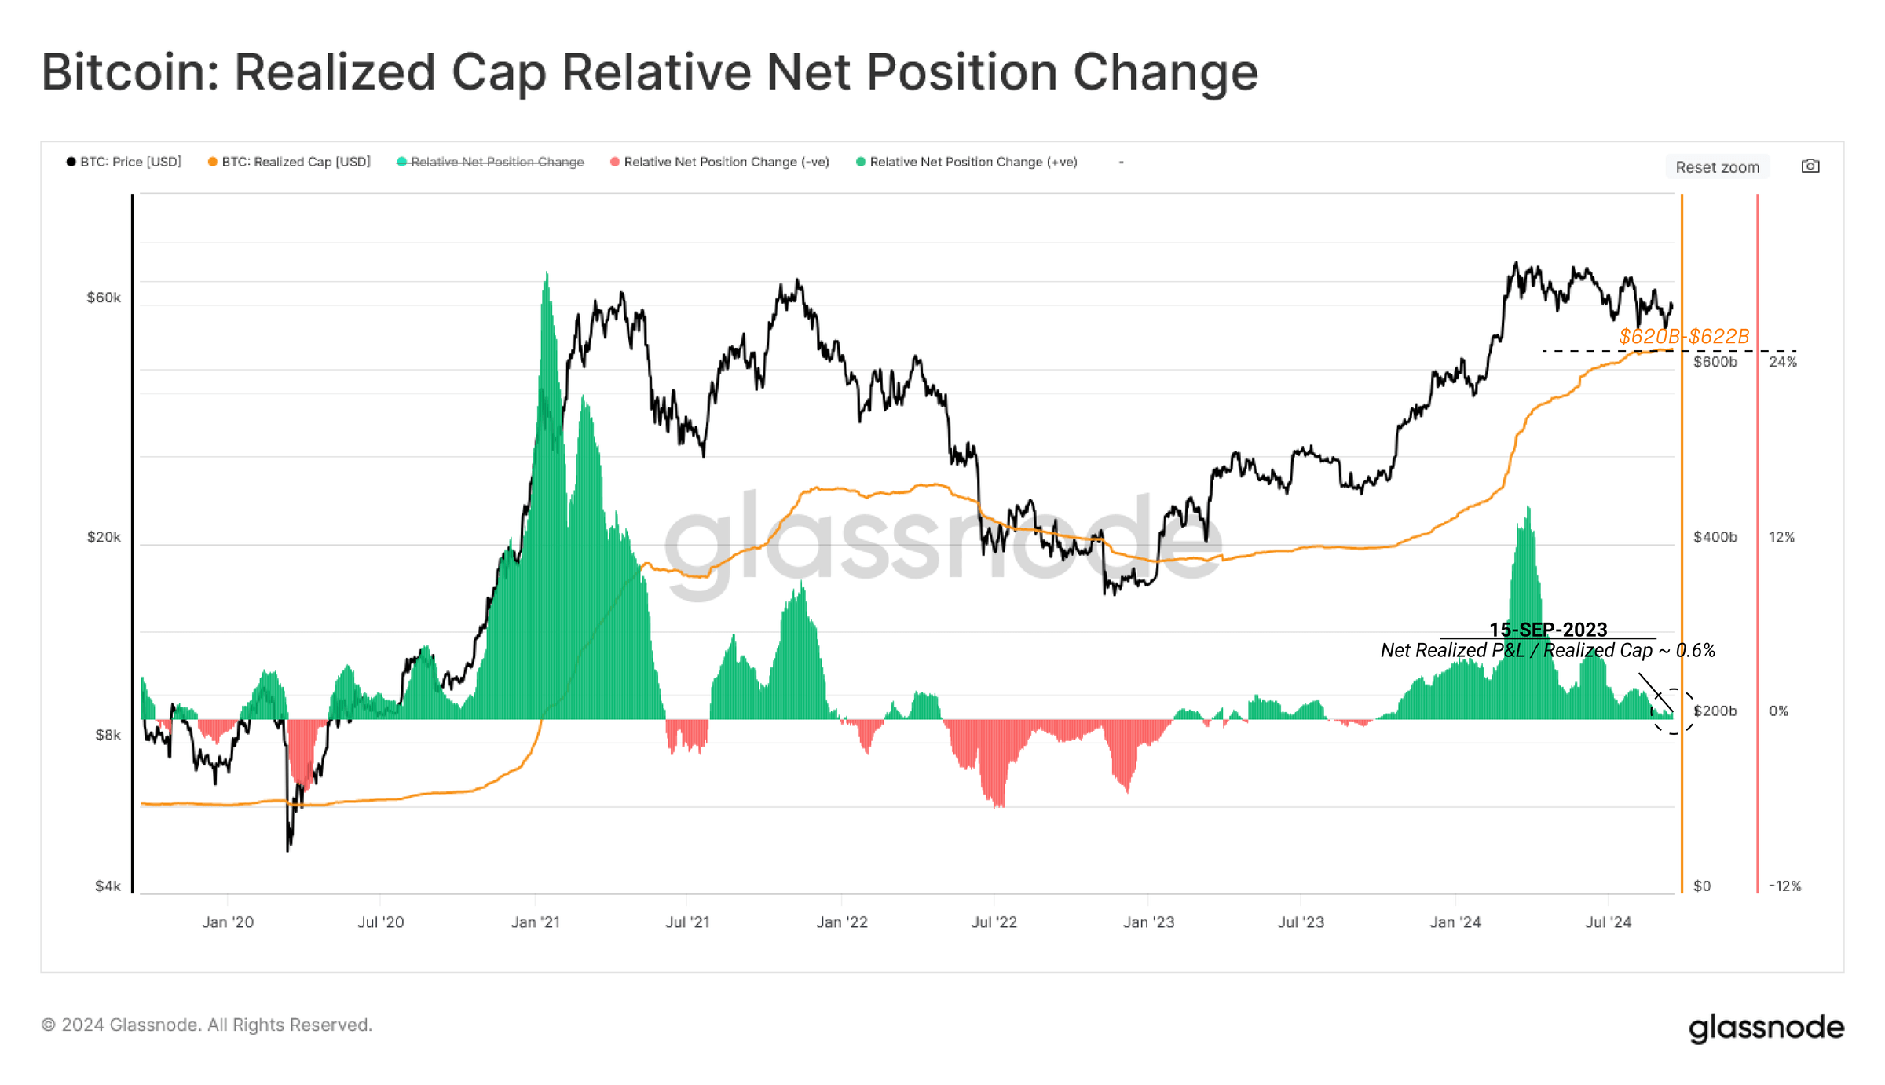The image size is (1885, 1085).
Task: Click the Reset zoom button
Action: pos(1717,166)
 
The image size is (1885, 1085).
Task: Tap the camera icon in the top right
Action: pos(1810,166)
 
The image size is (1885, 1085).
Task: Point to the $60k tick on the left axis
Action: pos(104,298)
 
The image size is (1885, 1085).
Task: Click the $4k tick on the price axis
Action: pos(108,886)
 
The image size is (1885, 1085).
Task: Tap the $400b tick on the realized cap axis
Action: pos(1715,537)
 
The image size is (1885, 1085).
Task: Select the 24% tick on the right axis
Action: pos(1783,362)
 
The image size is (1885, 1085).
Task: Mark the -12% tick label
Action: pos(1784,886)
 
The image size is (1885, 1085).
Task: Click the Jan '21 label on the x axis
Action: pos(535,922)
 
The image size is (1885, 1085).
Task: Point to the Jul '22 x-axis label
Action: pos(994,922)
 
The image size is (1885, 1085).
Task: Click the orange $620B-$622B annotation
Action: pos(1684,336)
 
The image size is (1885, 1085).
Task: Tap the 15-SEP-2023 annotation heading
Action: pos(1548,629)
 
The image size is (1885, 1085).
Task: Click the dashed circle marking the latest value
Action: pos(1673,711)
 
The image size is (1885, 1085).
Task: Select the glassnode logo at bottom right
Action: pos(1766,1027)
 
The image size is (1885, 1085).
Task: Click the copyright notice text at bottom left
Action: pos(207,1025)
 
